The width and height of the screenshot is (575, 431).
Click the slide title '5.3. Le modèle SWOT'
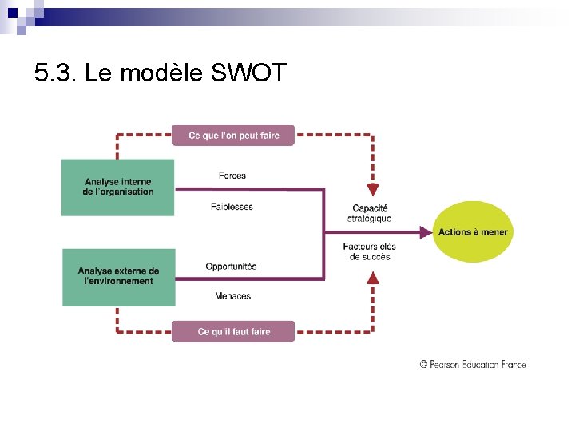[160, 74]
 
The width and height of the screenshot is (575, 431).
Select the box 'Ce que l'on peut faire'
[233, 136]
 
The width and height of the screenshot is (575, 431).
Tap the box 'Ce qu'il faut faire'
[233, 331]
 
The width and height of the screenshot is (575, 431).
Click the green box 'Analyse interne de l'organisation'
[117, 187]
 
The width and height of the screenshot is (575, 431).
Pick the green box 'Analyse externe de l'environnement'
[118, 276]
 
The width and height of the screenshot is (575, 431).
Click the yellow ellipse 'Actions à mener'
[472, 232]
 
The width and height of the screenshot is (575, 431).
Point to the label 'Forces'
[232, 176]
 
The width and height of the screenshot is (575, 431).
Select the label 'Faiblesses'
[232, 207]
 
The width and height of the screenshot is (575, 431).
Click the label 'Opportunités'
[231, 266]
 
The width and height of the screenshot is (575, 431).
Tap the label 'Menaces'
[232, 296]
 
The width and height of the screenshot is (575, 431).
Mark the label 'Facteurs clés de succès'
[370, 251]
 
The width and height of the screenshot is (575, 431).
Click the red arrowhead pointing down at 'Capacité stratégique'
[372, 189]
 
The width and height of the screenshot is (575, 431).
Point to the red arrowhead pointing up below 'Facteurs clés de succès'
[372, 278]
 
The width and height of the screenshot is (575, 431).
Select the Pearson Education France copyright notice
[473, 364]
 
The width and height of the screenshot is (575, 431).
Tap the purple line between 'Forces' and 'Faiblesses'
[248, 190]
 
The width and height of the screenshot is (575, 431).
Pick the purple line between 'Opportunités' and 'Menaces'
[248, 279]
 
